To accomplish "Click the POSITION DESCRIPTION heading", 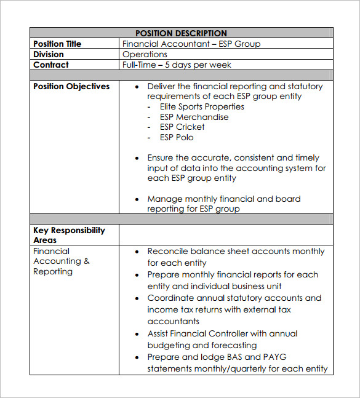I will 181,33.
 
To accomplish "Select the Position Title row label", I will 57,44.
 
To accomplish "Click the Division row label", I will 49,54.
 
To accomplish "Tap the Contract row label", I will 51,65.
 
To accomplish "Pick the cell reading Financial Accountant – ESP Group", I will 191,44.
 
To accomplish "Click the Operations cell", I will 145,54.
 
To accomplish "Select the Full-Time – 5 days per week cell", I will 177,65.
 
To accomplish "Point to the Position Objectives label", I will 71,86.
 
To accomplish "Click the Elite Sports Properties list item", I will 202,106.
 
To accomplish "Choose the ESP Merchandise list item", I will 194,117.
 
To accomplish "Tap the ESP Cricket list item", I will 182,127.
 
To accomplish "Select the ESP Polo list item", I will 177,137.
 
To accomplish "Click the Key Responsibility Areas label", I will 69,235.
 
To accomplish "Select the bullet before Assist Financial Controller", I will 137,334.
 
